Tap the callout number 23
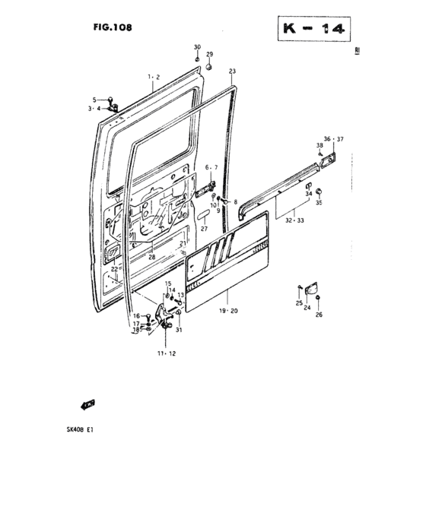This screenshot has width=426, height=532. pyautogui.click(x=231, y=71)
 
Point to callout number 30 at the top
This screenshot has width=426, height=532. pyautogui.click(x=196, y=47)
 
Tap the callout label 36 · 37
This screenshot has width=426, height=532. pyautogui.click(x=333, y=139)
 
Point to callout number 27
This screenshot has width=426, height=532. pyautogui.click(x=203, y=228)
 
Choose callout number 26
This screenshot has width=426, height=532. pyautogui.click(x=319, y=315)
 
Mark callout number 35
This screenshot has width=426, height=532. pyautogui.click(x=319, y=203)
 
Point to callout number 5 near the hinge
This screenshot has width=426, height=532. pyautogui.click(x=95, y=100)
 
